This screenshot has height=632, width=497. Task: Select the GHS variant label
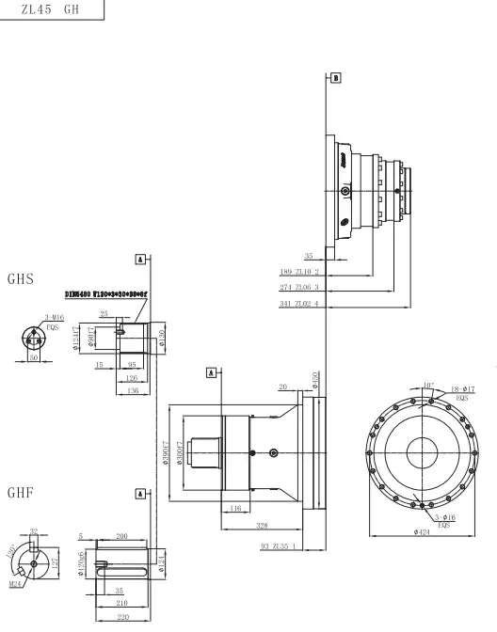click(x=22, y=279)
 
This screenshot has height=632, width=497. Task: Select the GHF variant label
click(x=22, y=492)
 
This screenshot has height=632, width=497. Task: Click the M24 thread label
click(x=15, y=583)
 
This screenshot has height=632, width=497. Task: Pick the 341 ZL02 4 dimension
click(x=300, y=303)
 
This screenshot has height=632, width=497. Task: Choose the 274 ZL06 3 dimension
click(x=300, y=287)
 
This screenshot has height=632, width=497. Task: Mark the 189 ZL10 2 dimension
click(x=300, y=271)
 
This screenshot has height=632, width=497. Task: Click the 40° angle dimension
click(x=428, y=385)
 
